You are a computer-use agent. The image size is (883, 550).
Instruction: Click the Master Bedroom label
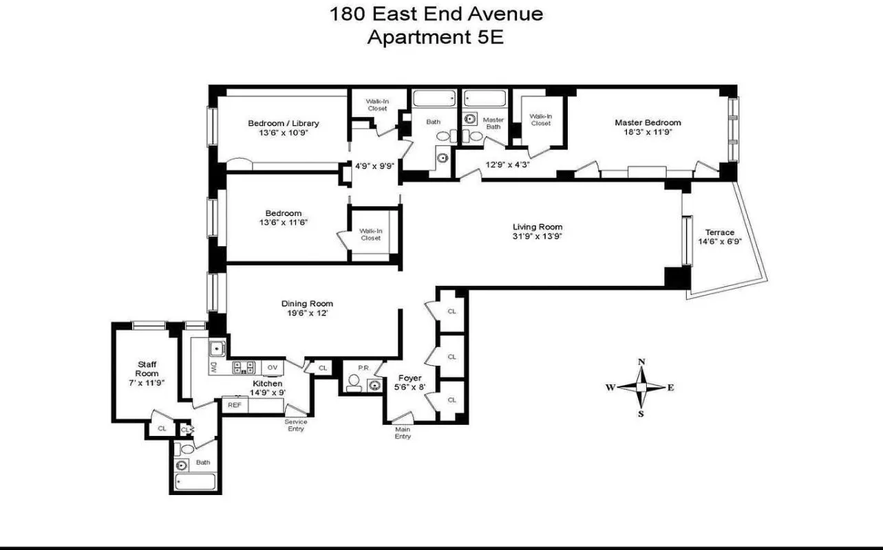(x=648, y=122)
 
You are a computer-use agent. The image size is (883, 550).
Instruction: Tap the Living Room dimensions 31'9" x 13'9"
(x=538, y=238)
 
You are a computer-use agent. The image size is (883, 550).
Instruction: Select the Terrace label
(x=719, y=232)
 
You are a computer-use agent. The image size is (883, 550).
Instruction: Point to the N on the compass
(x=641, y=362)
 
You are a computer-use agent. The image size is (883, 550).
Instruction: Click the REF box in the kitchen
(x=234, y=405)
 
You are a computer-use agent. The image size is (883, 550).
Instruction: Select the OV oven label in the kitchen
(x=273, y=367)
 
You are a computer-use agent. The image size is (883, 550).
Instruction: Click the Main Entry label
(x=403, y=432)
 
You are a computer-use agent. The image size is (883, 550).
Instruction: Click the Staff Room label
(x=147, y=368)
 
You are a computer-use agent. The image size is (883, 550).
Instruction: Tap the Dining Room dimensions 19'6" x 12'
(x=307, y=313)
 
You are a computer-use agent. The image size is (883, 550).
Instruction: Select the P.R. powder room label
(x=363, y=368)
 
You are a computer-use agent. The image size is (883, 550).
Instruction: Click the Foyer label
(x=409, y=378)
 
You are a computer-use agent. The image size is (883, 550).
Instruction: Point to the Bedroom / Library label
(x=284, y=123)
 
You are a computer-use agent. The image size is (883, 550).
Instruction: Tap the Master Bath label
(x=493, y=122)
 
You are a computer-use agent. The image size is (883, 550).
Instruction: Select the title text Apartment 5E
(x=435, y=37)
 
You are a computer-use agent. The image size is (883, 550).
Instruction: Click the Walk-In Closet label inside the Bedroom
(x=370, y=234)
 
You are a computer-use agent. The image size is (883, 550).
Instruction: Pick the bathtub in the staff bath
(x=195, y=481)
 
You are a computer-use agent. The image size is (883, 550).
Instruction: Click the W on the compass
(x=610, y=388)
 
